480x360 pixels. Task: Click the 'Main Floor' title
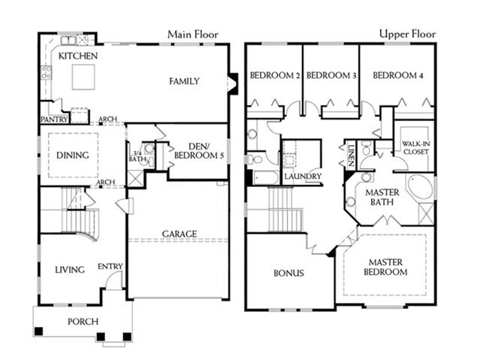(193, 35)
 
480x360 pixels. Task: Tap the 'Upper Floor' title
(407, 34)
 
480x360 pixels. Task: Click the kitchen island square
(83, 77)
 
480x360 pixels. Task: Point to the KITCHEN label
(78, 56)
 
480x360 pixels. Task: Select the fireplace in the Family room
(233, 83)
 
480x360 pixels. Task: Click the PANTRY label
(54, 119)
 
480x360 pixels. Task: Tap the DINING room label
(73, 156)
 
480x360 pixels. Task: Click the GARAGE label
(180, 234)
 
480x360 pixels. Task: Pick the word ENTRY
(110, 267)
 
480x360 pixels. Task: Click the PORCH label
(83, 322)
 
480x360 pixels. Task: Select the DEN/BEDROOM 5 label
(199, 151)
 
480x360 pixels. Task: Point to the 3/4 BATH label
(137, 156)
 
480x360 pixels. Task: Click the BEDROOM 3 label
(331, 75)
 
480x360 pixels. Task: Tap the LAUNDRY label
(303, 177)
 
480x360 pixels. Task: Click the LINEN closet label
(351, 156)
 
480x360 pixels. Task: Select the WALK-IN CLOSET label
(415, 147)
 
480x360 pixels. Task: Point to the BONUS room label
(288, 273)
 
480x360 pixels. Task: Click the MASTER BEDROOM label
(385, 267)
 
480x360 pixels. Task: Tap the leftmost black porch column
(38, 331)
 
